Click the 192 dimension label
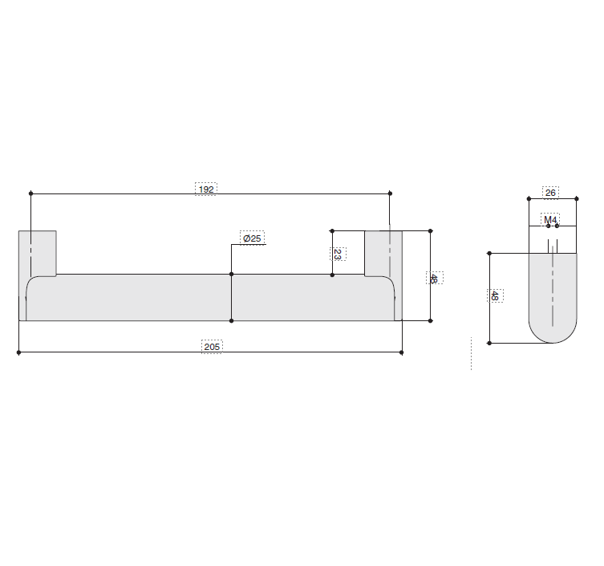(206, 189)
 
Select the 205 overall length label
(212, 347)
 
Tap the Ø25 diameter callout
(253, 238)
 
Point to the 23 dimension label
(338, 254)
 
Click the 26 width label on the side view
(550, 193)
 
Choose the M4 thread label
(550, 220)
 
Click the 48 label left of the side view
(495, 295)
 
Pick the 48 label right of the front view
(434, 278)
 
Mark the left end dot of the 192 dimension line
(30, 193)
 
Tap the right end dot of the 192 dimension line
(390, 193)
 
